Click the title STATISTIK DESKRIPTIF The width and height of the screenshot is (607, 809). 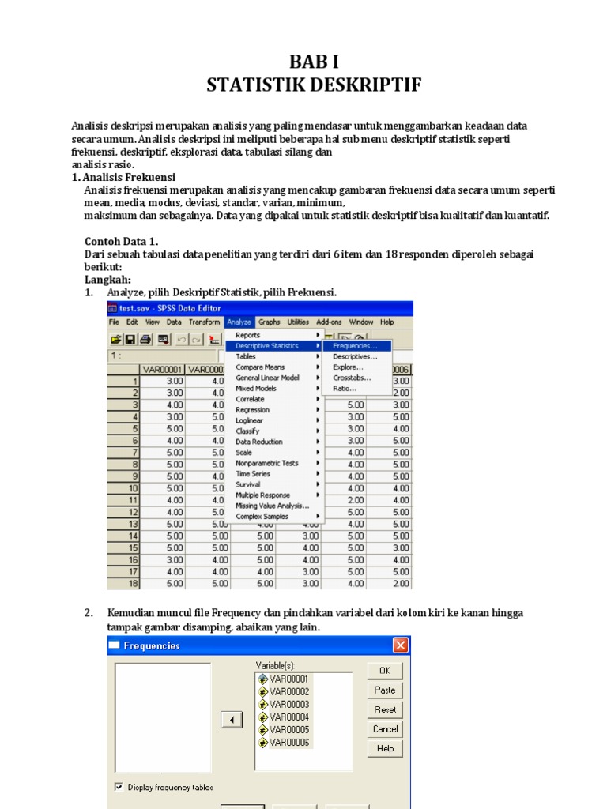pos(303,85)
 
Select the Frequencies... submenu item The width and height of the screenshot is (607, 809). pos(355,345)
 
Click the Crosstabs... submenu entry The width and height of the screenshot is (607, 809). pos(352,378)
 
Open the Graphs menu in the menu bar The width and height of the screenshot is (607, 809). pos(269,322)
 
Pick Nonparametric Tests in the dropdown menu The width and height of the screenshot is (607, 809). pos(267,463)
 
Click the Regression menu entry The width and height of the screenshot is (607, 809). pos(252,410)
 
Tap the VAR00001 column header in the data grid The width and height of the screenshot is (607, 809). pos(161,369)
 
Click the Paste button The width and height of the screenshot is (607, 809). pos(385,690)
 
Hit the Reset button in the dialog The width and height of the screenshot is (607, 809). pos(385,709)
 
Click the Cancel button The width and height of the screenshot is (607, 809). pos(385,728)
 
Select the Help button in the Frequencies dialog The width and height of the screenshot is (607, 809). pos(385,748)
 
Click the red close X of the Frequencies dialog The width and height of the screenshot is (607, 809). pos(400,645)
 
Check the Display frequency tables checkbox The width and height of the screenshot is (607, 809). pos(119,787)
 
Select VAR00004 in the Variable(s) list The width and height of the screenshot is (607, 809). pos(289,717)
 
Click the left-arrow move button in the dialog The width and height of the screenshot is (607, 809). pos(231,720)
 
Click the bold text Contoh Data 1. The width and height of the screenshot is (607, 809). pos(122,241)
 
